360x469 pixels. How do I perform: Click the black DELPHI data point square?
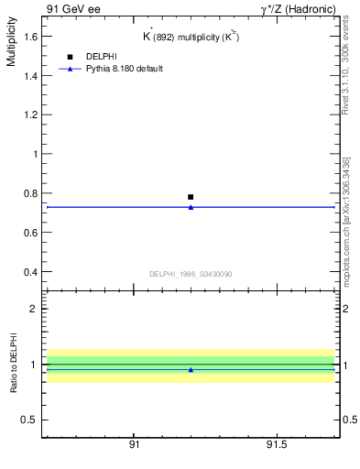click(191, 197)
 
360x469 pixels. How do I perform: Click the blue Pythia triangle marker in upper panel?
click(191, 207)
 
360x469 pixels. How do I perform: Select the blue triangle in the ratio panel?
click(191, 370)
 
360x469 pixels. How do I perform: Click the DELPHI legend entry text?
click(102, 57)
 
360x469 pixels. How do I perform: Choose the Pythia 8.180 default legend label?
click(125, 69)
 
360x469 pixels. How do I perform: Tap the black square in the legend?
click(70, 57)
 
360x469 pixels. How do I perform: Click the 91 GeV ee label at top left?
click(73, 8)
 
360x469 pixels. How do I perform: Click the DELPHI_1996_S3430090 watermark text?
click(191, 274)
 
